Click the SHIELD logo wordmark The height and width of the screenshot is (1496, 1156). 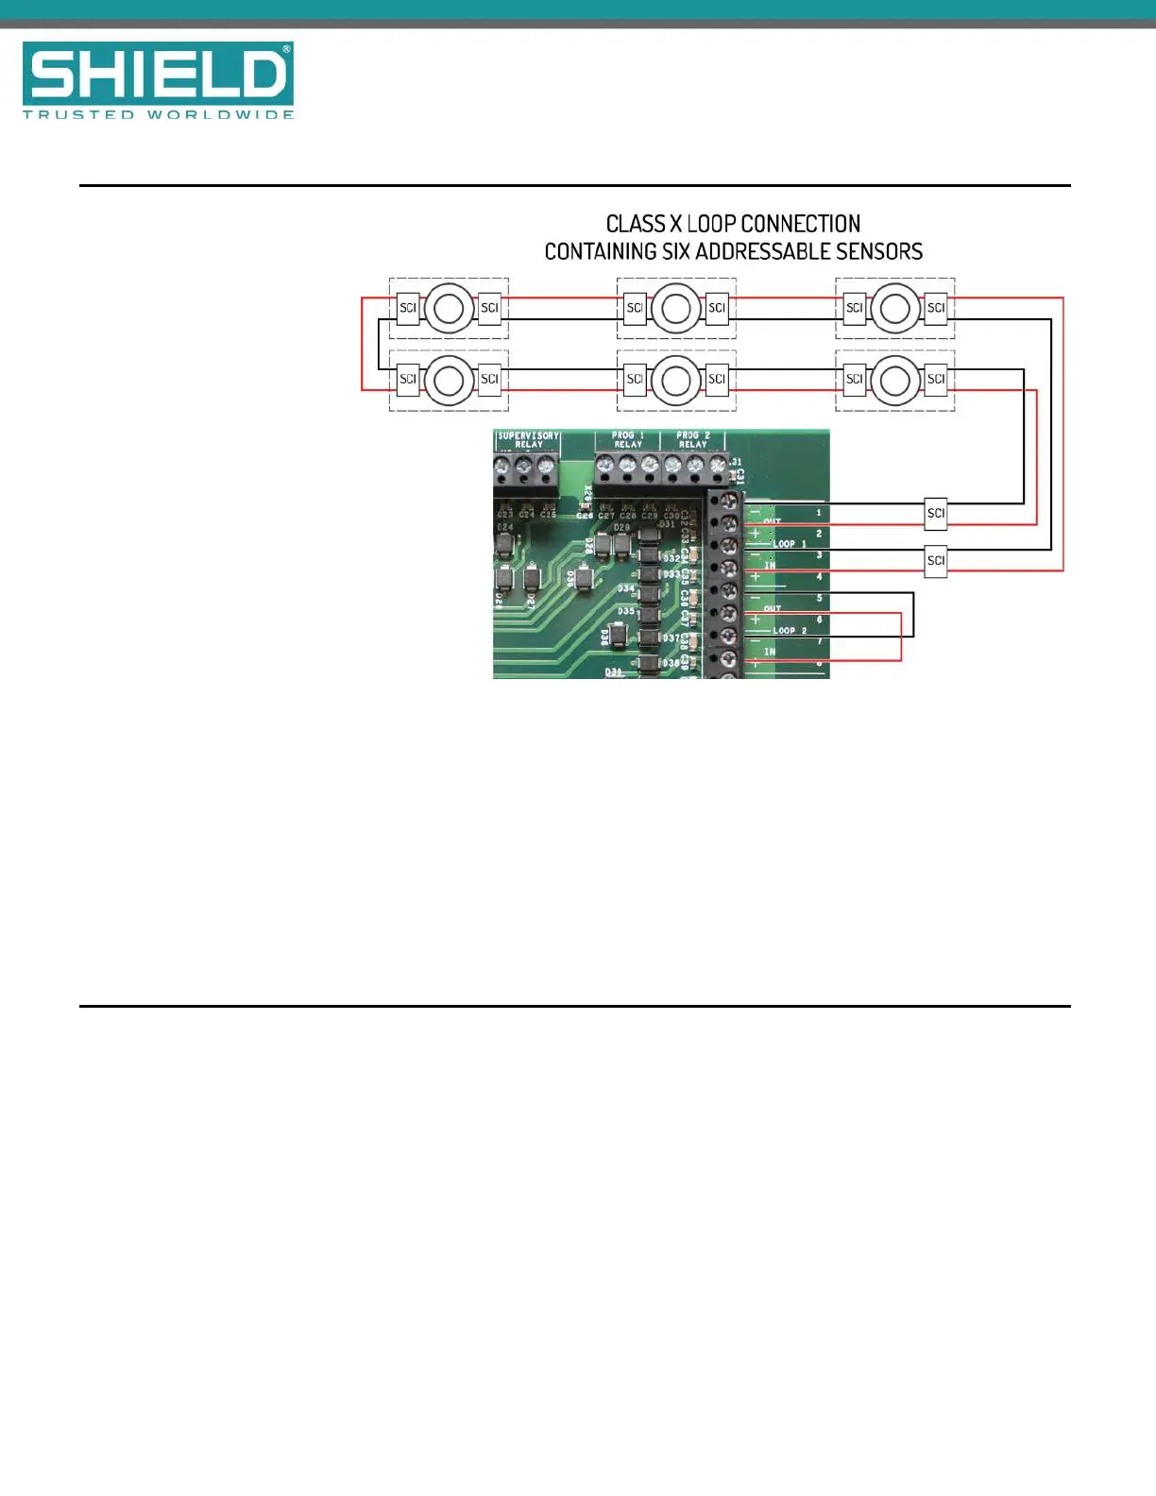tap(158, 74)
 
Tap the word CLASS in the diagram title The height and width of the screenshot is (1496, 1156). tap(636, 224)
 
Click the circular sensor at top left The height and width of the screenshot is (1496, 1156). tap(449, 308)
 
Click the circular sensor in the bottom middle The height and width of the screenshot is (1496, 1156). tap(676, 380)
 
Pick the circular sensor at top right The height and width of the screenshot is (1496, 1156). tap(895, 308)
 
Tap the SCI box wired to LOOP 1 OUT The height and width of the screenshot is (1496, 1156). tap(935, 514)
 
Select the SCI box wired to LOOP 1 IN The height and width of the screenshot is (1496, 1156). tap(935, 560)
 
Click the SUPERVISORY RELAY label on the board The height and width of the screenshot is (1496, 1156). tap(528, 440)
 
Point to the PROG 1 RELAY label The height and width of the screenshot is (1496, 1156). tap(628, 440)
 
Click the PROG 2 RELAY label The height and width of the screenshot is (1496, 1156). tap(692, 440)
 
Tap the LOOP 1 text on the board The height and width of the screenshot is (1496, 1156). tap(790, 544)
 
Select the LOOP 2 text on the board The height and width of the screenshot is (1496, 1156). tap(790, 630)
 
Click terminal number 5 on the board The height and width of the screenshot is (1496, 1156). tap(819, 599)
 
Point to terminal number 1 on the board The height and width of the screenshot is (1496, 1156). tap(819, 513)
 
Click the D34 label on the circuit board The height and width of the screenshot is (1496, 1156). tap(626, 588)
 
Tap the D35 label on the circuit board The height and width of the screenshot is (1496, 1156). tap(626, 611)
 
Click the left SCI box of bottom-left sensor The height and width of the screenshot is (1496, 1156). tap(408, 380)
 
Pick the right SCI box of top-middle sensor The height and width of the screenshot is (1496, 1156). tap(717, 308)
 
